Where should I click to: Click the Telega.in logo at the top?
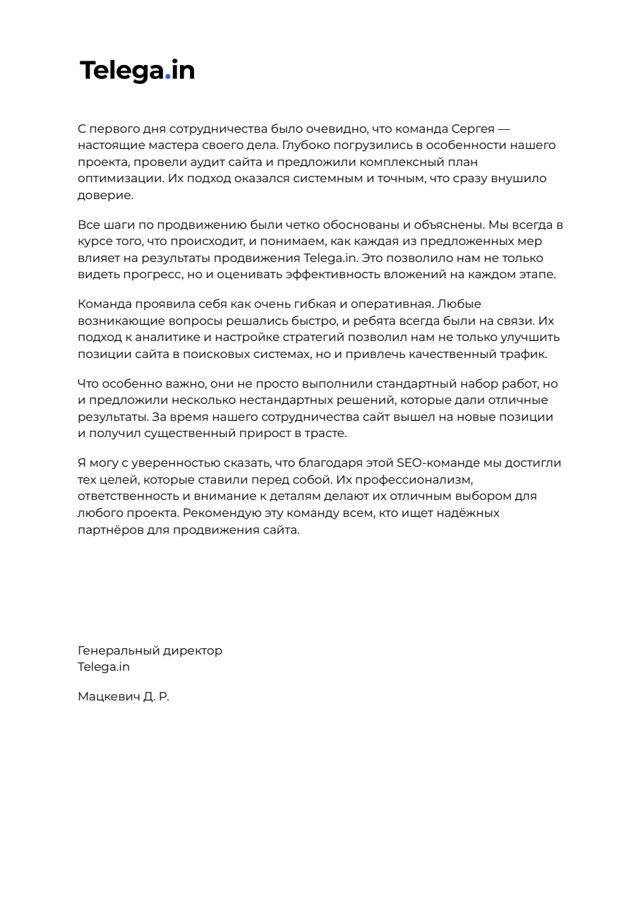[x=137, y=71]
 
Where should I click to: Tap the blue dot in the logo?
[x=168, y=78]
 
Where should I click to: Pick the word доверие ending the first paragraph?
[x=105, y=195]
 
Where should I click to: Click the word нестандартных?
[x=263, y=400]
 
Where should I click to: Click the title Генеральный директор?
[x=150, y=650]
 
